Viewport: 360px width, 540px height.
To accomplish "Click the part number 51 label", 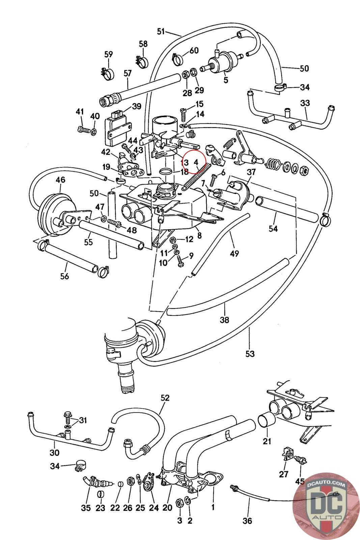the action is (161, 31).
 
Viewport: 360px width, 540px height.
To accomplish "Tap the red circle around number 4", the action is (194, 162).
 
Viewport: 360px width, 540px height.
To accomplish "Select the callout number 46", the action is (60, 180).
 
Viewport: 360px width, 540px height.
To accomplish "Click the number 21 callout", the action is (267, 441).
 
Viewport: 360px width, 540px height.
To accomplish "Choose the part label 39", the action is (137, 106).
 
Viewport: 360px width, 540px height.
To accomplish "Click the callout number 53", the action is (250, 354).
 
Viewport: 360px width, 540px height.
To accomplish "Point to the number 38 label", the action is (224, 320).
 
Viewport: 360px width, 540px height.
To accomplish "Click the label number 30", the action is (54, 453).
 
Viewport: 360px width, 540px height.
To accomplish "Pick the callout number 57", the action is (128, 73).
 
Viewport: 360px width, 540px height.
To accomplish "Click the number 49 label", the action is (234, 253).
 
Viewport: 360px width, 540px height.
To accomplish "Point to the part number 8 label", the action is (199, 235).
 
